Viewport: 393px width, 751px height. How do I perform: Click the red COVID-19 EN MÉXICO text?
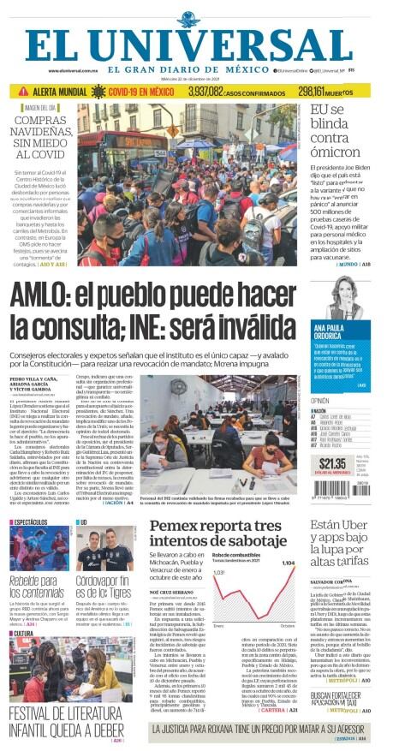click(136, 91)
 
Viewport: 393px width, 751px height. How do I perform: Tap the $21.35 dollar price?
click(330, 462)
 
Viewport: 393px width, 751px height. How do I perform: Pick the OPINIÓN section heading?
click(320, 401)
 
